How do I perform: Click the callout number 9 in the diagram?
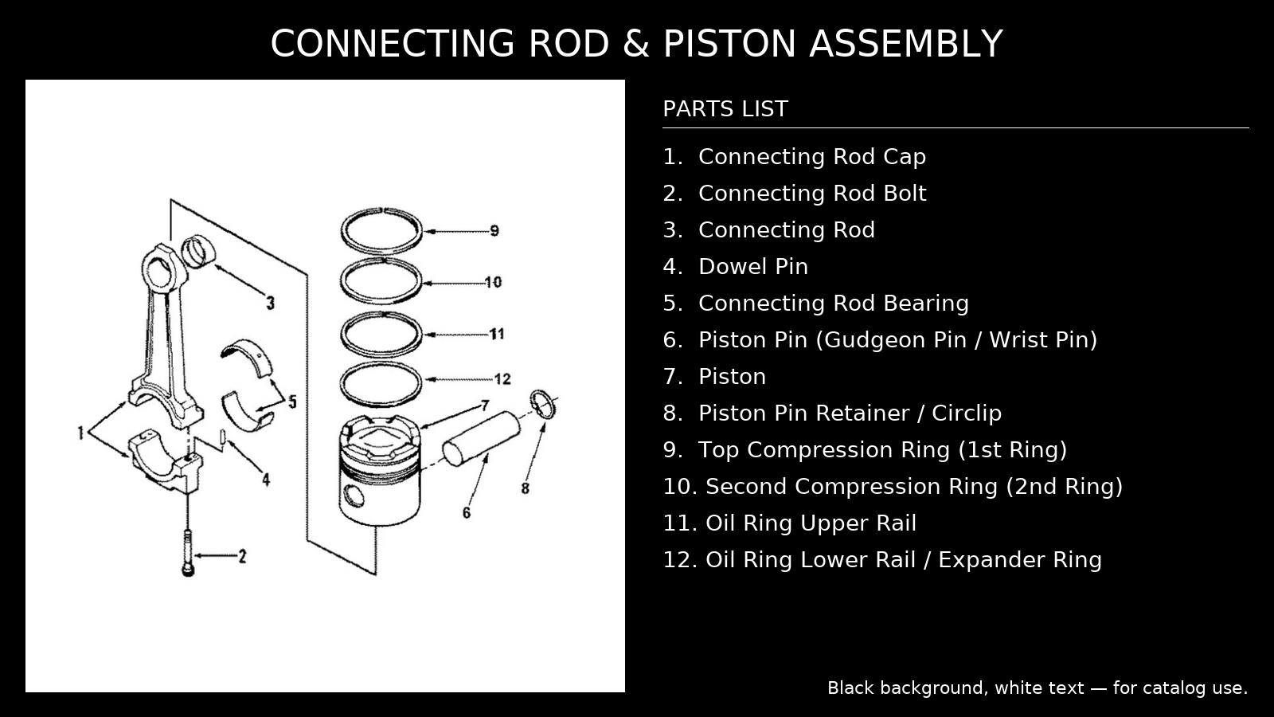(x=494, y=231)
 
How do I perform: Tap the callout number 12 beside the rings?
(x=502, y=379)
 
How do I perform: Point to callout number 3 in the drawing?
(x=271, y=304)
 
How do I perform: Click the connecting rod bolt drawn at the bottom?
(x=188, y=553)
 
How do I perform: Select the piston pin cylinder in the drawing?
(x=480, y=439)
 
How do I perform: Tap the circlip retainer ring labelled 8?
(x=543, y=404)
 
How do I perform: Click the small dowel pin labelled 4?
(x=224, y=438)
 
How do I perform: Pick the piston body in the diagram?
(x=379, y=474)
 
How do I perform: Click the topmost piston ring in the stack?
(x=381, y=231)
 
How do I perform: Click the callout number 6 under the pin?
(x=467, y=513)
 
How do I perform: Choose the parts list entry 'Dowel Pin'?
(x=752, y=267)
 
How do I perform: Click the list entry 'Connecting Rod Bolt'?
(x=811, y=194)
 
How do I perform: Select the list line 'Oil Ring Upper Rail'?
(x=810, y=523)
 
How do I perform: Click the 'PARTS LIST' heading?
(x=725, y=109)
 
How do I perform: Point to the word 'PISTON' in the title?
(x=729, y=44)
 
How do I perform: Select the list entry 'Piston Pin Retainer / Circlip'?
(x=849, y=413)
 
